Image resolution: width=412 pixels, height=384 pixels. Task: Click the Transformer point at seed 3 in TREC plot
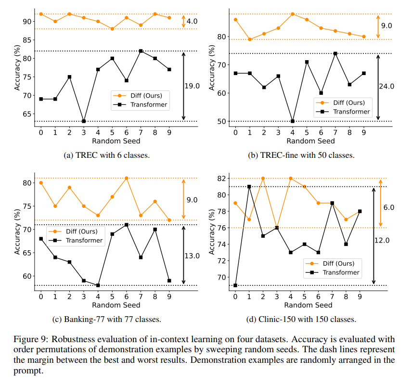[x=84, y=121]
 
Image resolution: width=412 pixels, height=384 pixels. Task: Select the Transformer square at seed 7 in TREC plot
[x=141, y=51]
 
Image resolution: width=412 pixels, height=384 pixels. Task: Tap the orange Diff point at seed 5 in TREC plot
[x=112, y=29]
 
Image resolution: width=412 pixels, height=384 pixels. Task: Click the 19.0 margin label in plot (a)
[x=192, y=86]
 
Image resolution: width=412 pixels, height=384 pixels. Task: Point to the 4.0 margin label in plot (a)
[x=192, y=21]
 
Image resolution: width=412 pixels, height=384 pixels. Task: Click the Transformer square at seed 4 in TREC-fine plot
[x=293, y=121]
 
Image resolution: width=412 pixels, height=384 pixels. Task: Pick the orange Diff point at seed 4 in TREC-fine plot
[x=293, y=14]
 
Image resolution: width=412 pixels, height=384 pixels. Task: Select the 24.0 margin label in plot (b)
[x=386, y=86]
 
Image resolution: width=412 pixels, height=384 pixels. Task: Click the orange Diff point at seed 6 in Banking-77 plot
[x=127, y=178]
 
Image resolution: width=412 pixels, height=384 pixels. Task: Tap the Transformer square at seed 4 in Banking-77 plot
[x=98, y=285]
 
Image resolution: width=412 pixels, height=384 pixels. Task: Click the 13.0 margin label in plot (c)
[x=192, y=256]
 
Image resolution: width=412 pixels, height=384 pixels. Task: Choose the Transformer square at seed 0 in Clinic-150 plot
[x=235, y=285]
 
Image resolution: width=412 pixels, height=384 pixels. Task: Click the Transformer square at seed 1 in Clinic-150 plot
[x=249, y=187]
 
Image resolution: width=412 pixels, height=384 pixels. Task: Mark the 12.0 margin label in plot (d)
[x=382, y=240]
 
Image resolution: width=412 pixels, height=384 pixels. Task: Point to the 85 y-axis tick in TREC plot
[x=27, y=40]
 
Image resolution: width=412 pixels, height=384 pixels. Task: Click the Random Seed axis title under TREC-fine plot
[x=310, y=141]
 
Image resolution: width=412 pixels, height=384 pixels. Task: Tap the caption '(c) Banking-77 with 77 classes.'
[x=107, y=319]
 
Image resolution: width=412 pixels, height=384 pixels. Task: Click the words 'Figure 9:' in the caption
[x=31, y=339]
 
